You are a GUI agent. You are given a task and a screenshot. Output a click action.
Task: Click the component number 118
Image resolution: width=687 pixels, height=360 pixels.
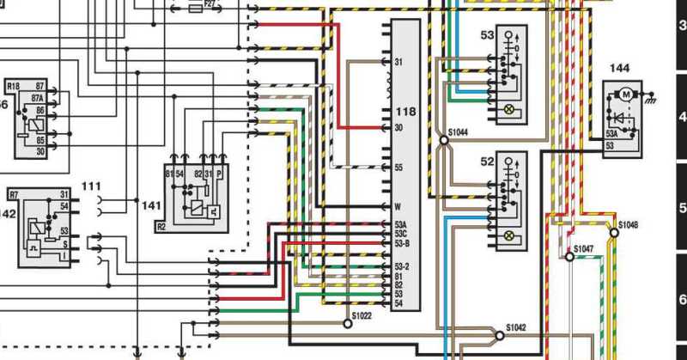tap(405, 113)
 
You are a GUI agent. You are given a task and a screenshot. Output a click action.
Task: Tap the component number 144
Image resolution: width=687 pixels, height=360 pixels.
tap(620, 66)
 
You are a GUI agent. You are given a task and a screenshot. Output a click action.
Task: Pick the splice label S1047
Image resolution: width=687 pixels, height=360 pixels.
tap(584, 248)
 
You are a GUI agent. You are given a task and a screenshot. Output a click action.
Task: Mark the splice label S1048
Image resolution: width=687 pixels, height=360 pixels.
tap(629, 224)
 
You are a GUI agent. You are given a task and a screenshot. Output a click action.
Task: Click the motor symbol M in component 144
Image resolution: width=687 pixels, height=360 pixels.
tap(626, 92)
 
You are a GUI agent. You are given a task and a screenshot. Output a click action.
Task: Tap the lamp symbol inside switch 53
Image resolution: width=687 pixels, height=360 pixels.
tap(508, 110)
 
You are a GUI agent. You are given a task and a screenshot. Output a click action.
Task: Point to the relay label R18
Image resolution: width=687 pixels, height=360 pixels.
tap(13, 87)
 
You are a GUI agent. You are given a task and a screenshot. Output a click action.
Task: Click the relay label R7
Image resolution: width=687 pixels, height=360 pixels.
tap(13, 195)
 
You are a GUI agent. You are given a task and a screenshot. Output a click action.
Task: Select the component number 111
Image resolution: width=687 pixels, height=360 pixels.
tap(91, 186)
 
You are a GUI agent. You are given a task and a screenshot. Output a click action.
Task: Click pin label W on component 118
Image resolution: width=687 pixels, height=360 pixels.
tap(398, 206)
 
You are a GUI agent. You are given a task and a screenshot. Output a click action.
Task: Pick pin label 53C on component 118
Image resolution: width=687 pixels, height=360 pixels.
tap(400, 235)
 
